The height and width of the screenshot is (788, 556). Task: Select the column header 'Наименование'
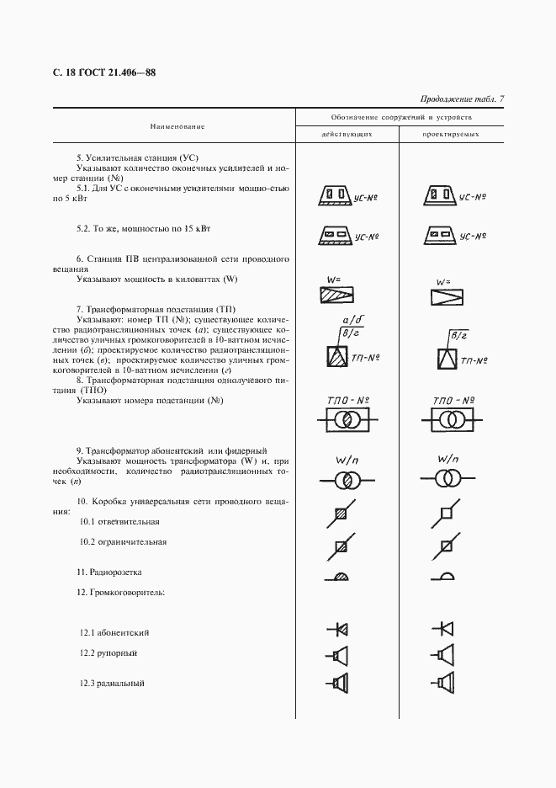177,125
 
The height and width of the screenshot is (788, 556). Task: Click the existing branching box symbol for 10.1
340,513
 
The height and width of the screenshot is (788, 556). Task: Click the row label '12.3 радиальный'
108,683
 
